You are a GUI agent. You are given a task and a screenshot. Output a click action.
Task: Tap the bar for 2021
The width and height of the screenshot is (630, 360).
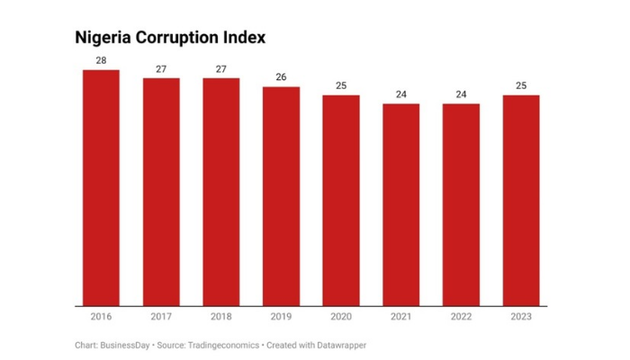tap(400, 204)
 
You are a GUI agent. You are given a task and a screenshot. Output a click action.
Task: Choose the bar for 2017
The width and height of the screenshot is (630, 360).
tap(161, 192)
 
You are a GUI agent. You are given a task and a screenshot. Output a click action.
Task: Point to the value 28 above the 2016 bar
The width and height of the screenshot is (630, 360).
tap(101, 60)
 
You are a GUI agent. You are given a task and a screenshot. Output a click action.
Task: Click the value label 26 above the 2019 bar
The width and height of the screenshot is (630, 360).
tap(281, 77)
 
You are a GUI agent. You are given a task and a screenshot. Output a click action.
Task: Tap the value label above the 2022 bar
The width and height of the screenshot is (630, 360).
tap(461, 94)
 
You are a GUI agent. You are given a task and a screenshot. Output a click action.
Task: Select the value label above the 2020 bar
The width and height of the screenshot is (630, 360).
tap(341, 85)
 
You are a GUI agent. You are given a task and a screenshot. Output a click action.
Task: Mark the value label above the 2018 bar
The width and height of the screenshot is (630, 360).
tap(220, 68)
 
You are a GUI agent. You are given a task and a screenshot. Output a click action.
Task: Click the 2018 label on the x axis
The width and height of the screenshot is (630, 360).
tap(220, 318)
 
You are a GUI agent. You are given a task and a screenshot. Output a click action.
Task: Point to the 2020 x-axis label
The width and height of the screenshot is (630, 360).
tap(341, 318)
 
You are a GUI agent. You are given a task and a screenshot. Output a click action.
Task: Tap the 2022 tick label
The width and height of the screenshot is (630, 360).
tap(461, 318)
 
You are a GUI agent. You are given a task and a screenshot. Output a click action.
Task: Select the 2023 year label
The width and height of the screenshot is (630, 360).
tap(521, 318)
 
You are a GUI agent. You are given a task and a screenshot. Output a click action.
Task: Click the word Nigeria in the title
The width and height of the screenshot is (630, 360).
tap(103, 38)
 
